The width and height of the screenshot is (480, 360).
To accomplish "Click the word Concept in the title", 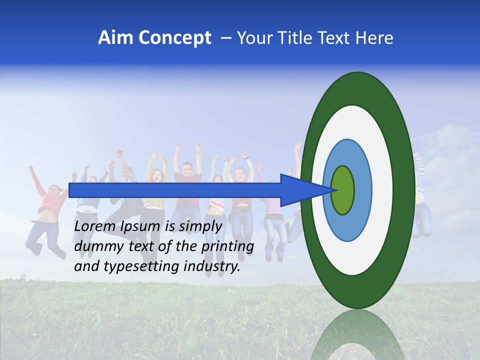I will (x=174, y=38).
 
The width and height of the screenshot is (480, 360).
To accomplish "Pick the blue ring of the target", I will (x=362, y=190).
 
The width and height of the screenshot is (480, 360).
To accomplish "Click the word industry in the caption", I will (x=211, y=266).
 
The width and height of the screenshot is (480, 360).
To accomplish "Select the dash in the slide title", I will (x=226, y=38).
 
